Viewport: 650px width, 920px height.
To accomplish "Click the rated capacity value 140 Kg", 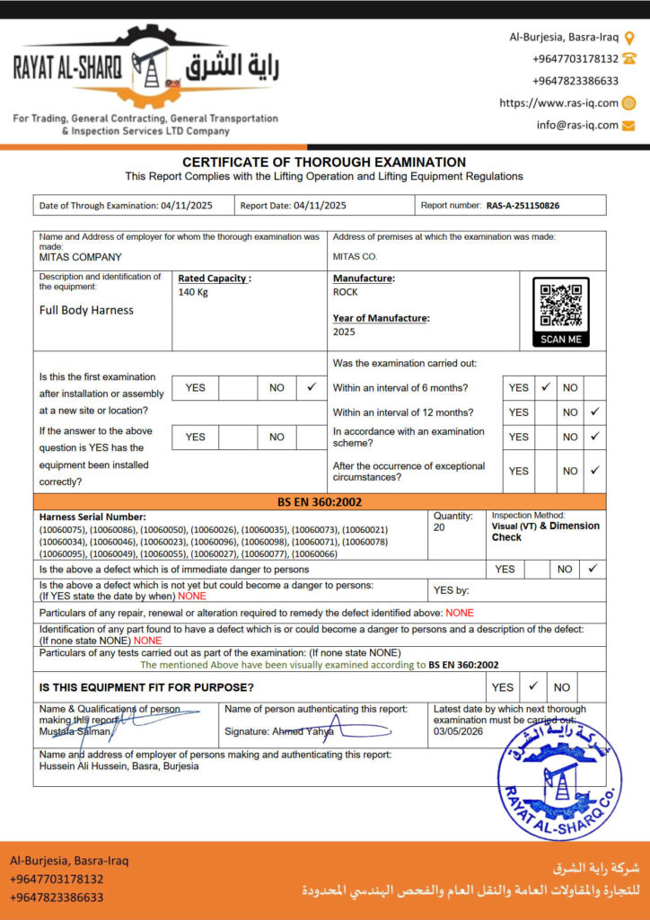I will coord(193,292).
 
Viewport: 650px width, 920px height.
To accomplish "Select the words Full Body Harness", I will coord(86,310).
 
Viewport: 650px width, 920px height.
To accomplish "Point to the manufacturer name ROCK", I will coord(345,292).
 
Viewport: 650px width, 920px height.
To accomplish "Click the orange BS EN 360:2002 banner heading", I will coord(320,501).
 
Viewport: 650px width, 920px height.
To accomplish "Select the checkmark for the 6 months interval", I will coord(545,387).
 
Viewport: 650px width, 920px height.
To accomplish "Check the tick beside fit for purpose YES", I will coord(532,686).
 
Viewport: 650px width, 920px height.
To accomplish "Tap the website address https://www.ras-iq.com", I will coord(558,103).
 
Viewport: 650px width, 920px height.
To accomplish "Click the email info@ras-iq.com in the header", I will coord(577,125).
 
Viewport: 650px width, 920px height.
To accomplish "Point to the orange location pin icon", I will coord(629,38).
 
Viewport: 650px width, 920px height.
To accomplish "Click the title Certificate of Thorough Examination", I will coord(324,162).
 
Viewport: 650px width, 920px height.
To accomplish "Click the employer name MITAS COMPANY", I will coord(81,257).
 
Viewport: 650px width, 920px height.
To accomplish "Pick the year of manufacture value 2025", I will coord(344,332).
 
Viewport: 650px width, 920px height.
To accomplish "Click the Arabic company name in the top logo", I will coord(232,69).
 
